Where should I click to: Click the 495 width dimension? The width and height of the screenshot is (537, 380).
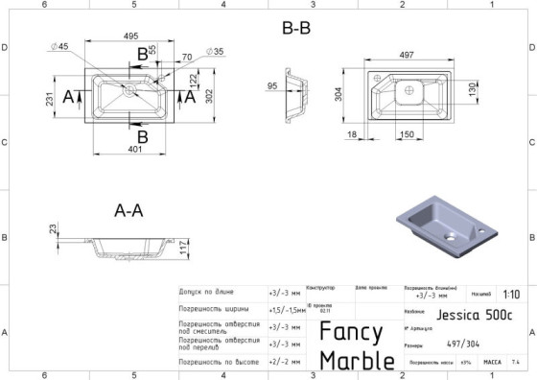[130, 36]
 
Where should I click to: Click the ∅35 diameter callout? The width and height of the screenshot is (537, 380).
[215, 51]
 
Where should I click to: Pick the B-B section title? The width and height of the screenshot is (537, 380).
[296, 28]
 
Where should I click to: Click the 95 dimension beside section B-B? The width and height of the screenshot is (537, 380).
[272, 86]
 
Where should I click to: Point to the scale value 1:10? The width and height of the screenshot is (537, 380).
[511, 295]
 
